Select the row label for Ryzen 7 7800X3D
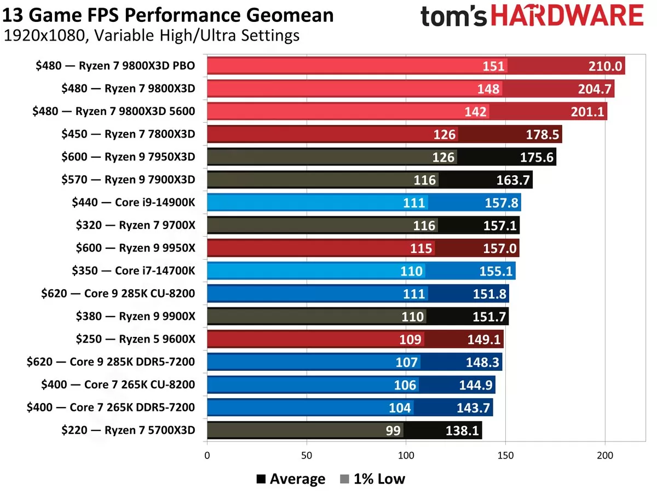click(x=128, y=134)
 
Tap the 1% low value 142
click(x=475, y=112)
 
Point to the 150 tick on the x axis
click(x=505, y=455)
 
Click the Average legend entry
click(x=291, y=479)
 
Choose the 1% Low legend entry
click(x=373, y=479)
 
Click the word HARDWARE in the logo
click(x=567, y=17)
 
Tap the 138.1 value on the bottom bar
click(x=463, y=431)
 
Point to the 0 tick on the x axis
click(x=207, y=455)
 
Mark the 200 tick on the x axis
click(x=605, y=455)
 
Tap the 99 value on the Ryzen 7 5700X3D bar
click(x=393, y=431)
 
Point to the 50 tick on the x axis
click(x=307, y=455)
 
